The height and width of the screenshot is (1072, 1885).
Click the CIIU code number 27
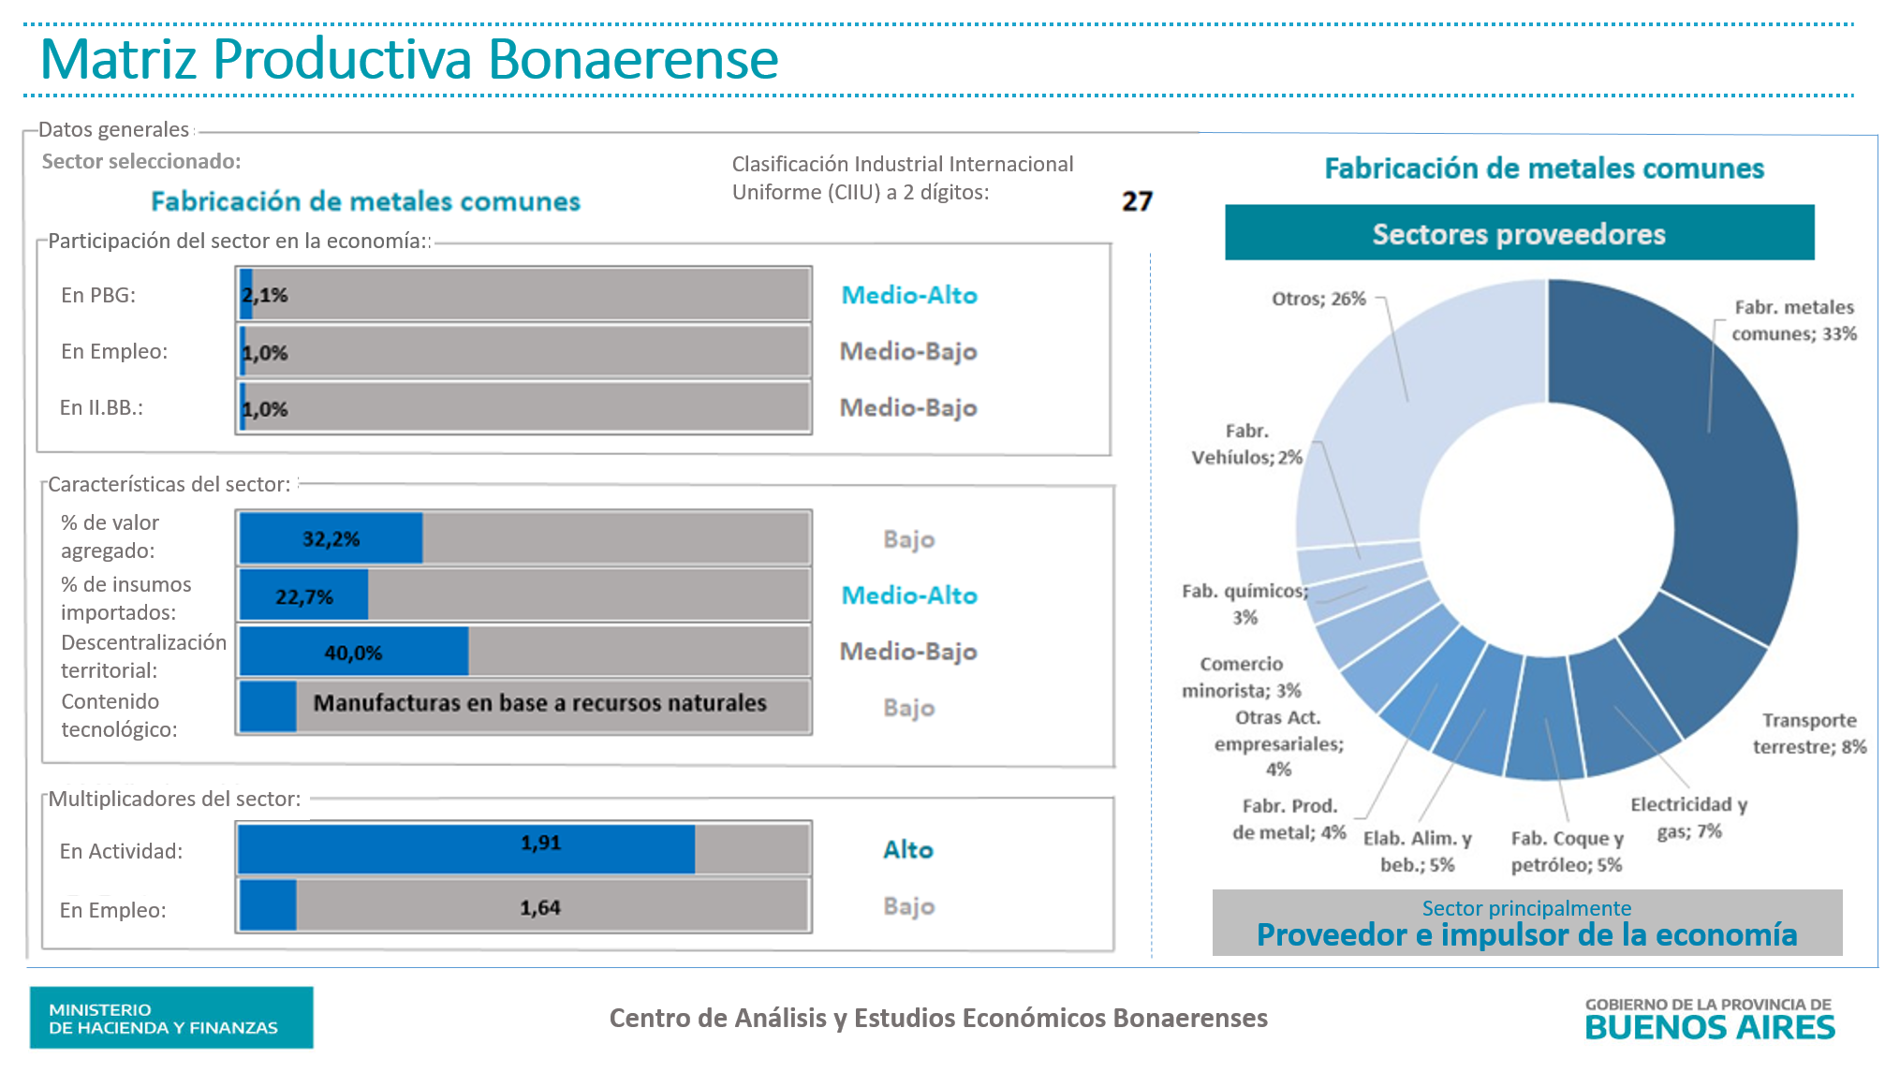tap(1137, 201)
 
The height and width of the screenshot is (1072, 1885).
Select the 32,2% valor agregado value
tap(331, 539)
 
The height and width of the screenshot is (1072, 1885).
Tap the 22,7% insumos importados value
tap(303, 596)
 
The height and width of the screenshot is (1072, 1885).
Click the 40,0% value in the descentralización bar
tap(353, 653)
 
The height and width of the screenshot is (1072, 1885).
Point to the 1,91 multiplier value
tap(540, 843)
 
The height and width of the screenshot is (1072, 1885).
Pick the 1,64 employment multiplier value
tap(540, 907)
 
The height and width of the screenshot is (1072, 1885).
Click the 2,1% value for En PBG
tap(265, 296)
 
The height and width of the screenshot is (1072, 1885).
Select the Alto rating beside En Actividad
tap(907, 849)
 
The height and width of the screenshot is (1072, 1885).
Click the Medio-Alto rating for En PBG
tap(908, 296)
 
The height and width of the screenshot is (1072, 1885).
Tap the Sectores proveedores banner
tap(1518, 234)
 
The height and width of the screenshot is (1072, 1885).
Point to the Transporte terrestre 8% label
tap(1809, 733)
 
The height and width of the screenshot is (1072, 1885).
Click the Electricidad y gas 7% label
tap(1689, 817)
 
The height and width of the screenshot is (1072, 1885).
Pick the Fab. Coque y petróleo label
tap(1567, 851)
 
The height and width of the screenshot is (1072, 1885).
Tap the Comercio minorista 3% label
tap(1242, 677)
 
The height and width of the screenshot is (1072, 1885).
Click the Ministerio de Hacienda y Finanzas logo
tap(171, 1018)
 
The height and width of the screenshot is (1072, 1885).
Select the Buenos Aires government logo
tap(1709, 1019)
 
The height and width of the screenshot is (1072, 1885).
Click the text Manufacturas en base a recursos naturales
tap(539, 703)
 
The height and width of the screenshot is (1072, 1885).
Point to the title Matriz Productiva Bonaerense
tap(409, 59)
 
